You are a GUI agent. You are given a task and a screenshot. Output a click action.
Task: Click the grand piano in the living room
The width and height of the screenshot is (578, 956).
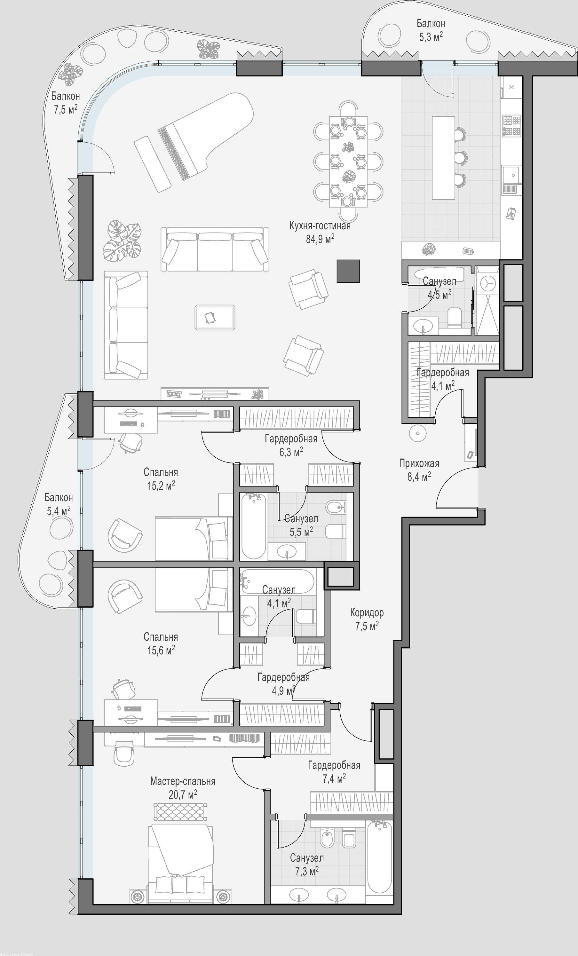pos(206,136)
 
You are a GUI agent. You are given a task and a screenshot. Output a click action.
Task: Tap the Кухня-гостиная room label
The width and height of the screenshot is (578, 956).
pos(320,226)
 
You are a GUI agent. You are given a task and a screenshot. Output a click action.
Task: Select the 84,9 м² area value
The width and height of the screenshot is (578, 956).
pos(320,239)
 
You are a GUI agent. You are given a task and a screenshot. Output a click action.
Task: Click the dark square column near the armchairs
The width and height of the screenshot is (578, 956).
pos(348,271)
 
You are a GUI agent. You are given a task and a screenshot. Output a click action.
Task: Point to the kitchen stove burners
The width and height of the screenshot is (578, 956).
pos(512,126)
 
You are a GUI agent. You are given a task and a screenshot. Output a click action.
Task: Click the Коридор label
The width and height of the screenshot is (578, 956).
pos(367,612)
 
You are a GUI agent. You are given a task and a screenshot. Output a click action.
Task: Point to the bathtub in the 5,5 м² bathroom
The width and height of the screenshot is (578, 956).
pos(253,526)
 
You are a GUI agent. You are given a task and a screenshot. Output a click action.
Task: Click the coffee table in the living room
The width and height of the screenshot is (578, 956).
pos(215,317)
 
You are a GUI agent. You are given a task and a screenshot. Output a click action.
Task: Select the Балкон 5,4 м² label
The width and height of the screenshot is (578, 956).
pos(59,504)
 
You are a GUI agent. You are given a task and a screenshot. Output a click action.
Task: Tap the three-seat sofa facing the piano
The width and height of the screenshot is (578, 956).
pos(215,249)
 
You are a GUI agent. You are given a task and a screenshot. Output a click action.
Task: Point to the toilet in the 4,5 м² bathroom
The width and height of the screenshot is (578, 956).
pos(455,317)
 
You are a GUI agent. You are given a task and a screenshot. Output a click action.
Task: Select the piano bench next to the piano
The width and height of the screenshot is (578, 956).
pos(153,164)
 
